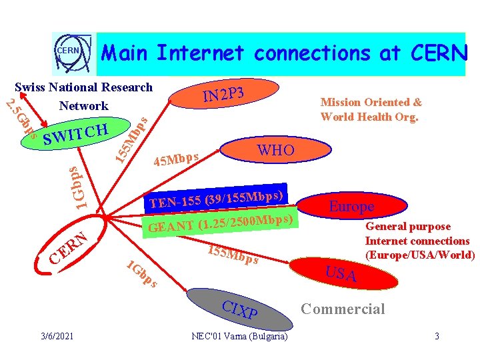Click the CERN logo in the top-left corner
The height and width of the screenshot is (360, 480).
[x=67, y=52]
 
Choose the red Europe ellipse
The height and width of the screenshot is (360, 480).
[x=351, y=206]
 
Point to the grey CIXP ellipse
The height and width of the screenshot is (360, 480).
[x=240, y=309]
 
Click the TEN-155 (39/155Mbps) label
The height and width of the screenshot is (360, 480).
[x=217, y=196]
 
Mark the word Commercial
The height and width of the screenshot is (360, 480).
[x=343, y=309]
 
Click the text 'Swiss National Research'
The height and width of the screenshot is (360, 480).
[x=83, y=87]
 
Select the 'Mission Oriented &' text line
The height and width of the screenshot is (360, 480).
[x=371, y=102]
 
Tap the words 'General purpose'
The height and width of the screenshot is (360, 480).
[x=407, y=227]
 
